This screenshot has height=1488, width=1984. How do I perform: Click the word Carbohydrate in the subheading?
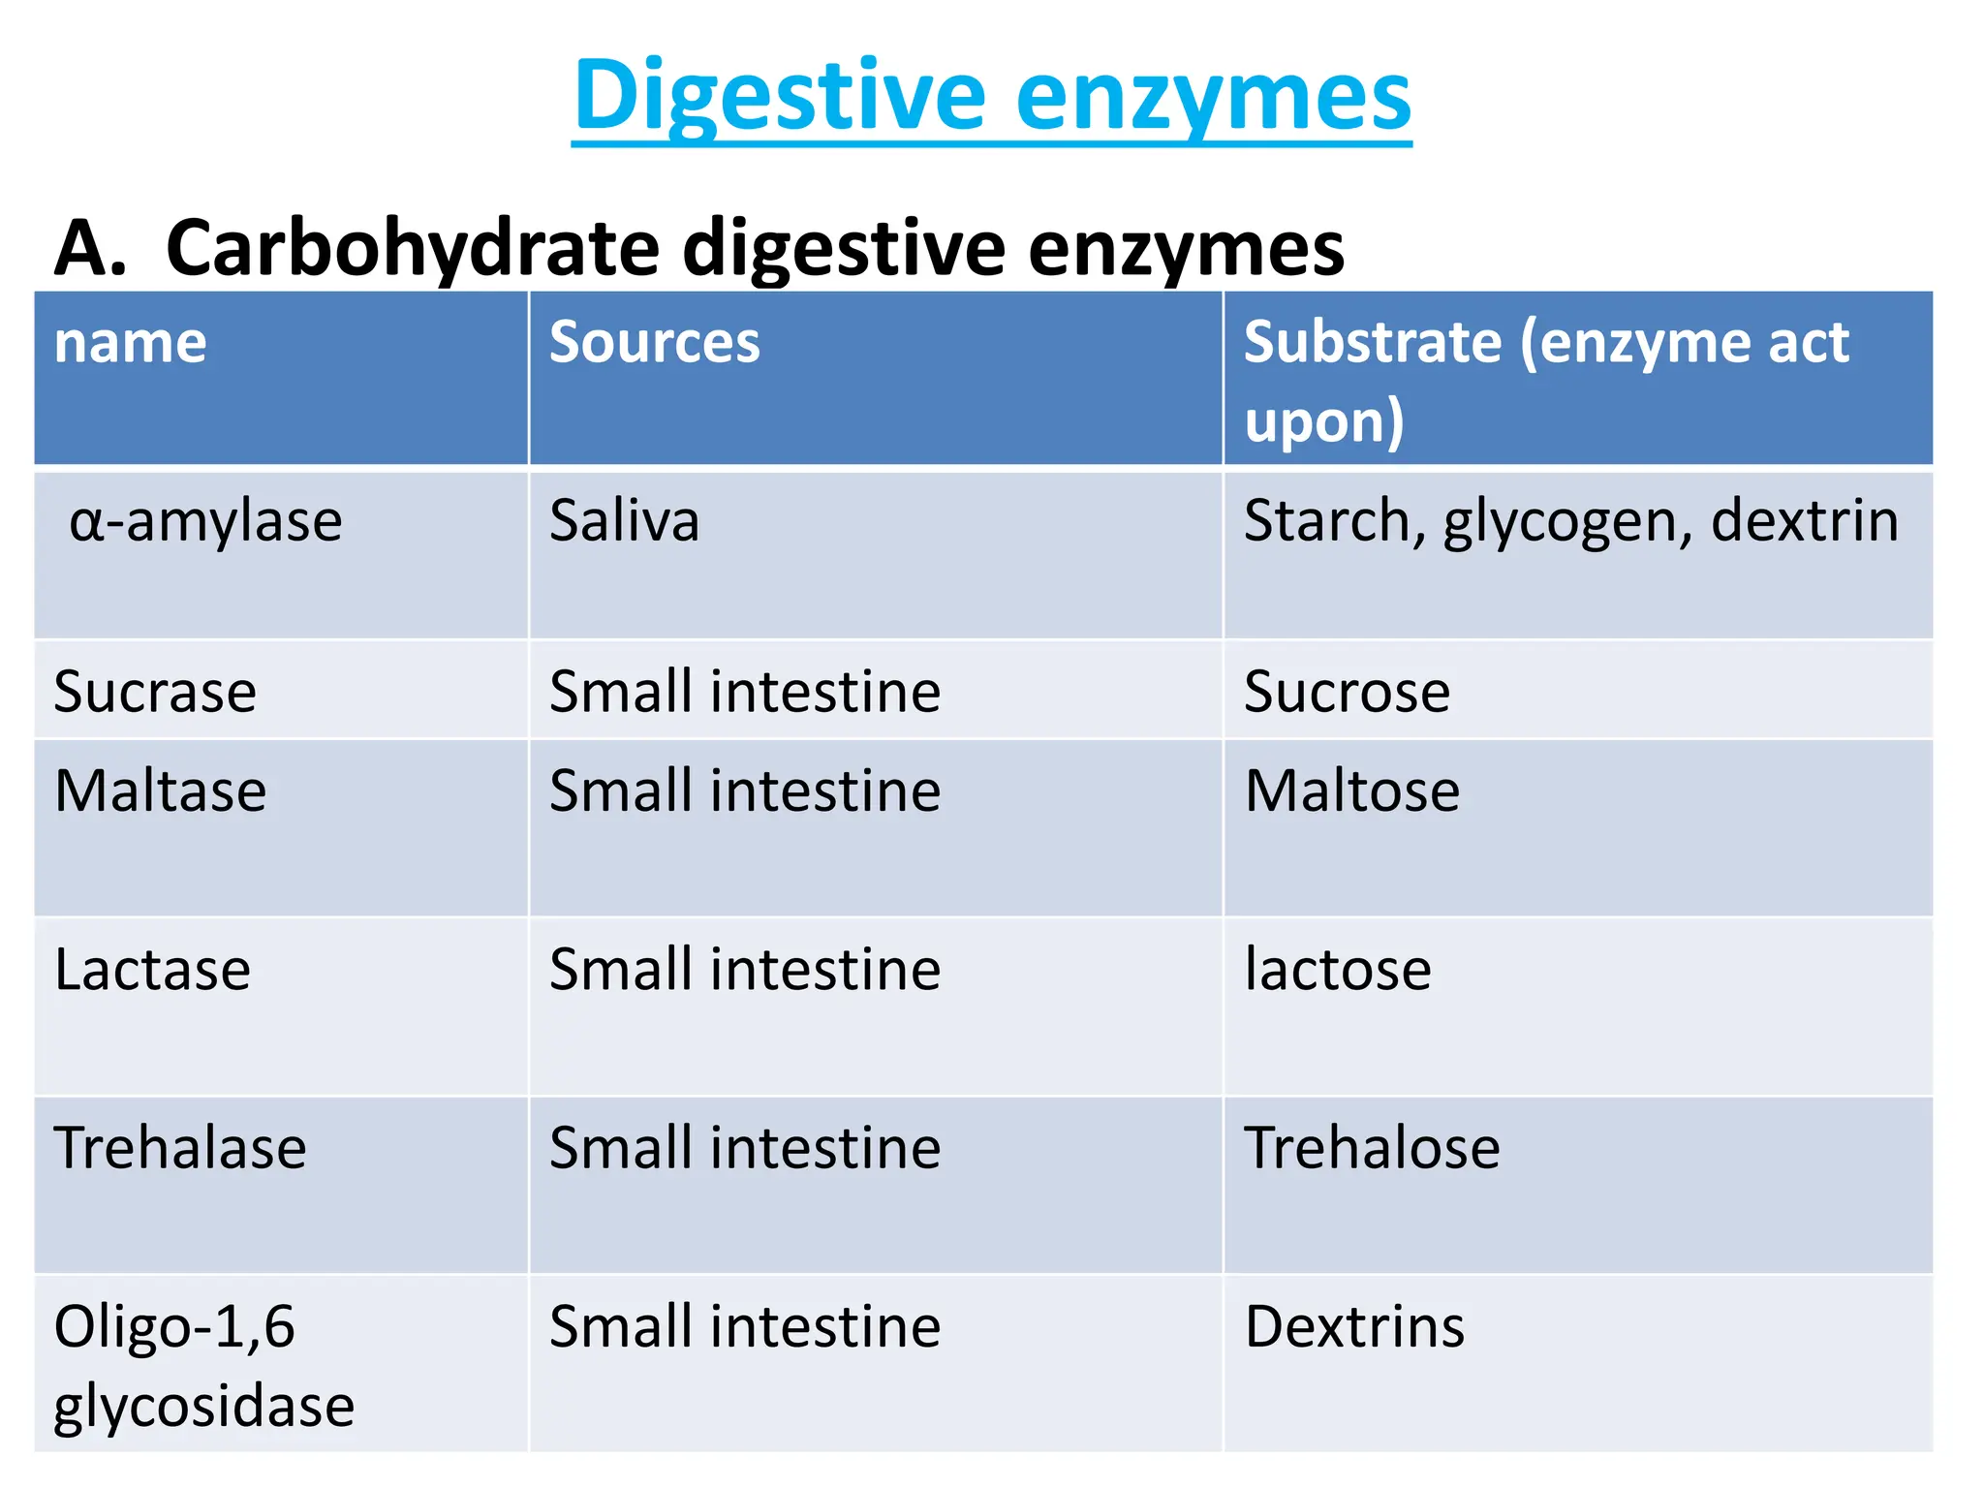[x=413, y=248]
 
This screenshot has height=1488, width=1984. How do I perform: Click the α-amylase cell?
[x=205, y=521]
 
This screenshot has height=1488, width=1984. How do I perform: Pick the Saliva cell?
[x=624, y=521]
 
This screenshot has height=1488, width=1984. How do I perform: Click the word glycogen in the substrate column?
[x=1566, y=523]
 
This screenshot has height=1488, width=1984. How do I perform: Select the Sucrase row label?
[x=155, y=692]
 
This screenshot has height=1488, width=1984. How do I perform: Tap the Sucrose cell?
[x=1347, y=692]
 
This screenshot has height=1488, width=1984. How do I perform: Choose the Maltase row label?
[x=161, y=790]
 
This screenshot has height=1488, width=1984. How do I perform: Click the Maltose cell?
[x=1352, y=790]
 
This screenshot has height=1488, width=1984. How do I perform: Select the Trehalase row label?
[x=180, y=1148]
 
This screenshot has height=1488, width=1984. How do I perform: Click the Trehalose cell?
[x=1372, y=1148]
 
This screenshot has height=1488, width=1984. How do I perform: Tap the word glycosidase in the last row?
[x=204, y=1407]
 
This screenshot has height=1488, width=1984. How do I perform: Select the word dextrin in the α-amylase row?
[x=1804, y=521]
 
